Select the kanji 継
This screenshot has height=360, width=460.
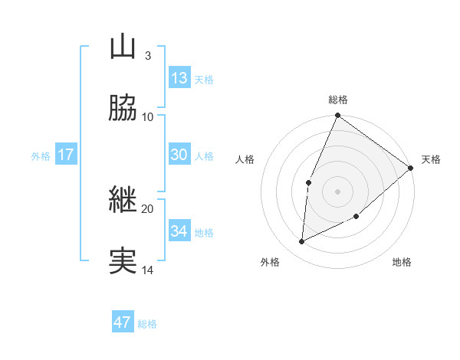[x=123, y=200]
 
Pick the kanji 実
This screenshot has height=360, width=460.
[x=123, y=261]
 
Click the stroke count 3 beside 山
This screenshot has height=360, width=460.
[x=147, y=55]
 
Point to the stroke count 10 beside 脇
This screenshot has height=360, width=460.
[x=148, y=116]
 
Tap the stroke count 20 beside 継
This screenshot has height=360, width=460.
[x=148, y=208]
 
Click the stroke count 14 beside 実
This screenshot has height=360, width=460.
[x=148, y=270]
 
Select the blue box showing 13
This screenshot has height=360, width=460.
[x=179, y=78]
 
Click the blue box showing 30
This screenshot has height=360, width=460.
[x=179, y=155]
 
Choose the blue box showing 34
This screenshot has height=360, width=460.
[x=179, y=231]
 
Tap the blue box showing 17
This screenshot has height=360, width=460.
[x=65, y=155]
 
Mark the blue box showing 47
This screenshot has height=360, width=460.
[x=123, y=322]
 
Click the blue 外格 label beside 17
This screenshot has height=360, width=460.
[x=41, y=156]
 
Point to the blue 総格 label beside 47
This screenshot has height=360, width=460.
[x=147, y=324]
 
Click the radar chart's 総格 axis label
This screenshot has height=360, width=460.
[x=338, y=100]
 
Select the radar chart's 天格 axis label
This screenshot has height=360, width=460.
[x=432, y=159]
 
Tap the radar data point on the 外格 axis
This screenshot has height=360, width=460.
[x=302, y=242]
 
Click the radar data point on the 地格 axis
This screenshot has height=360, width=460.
[x=356, y=217]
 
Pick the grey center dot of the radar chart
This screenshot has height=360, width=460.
[x=338, y=191]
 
